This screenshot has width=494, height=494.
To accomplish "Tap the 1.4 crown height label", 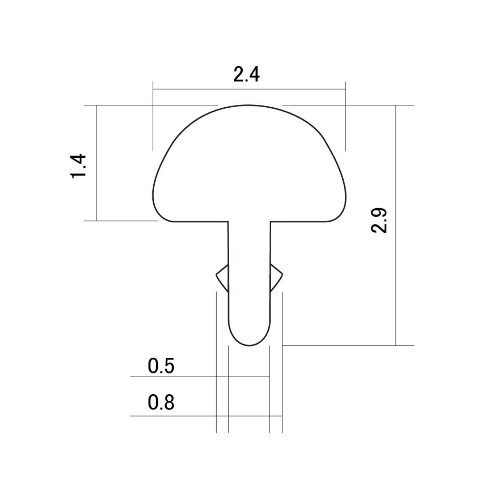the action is tap(78, 166).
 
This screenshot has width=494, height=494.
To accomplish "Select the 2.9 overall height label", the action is tap(379, 220).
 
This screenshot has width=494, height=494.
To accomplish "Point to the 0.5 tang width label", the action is tap(161, 366).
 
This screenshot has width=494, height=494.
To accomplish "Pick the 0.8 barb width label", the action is tap(161, 402).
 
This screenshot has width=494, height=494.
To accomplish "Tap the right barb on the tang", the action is tap(276, 278).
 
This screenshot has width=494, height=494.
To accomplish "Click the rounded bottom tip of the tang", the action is tap(249, 346).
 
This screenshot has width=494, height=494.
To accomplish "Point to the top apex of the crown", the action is tap(249, 105).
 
